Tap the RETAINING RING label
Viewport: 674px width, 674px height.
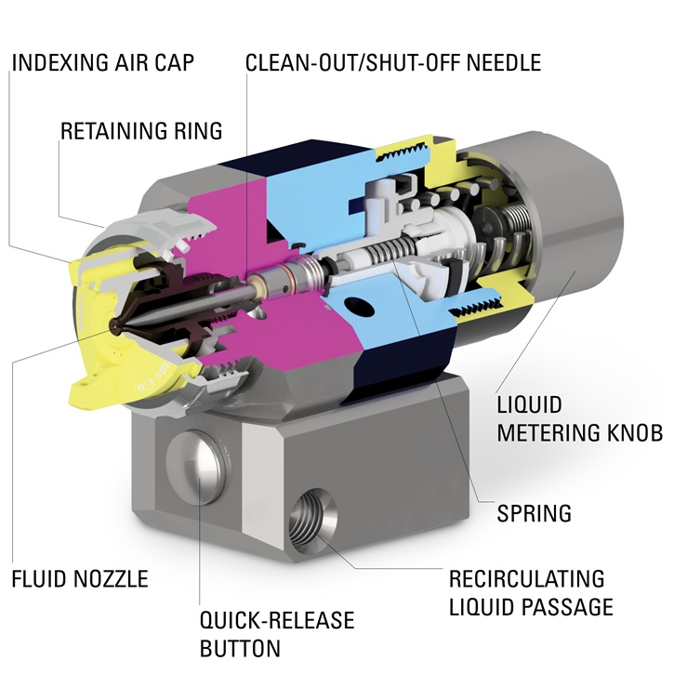pyautogui.click(x=141, y=130)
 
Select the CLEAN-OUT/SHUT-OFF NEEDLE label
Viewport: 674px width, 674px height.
pyautogui.click(x=392, y=63)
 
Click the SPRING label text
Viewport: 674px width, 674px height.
pyautogui.click(x=534, y=512)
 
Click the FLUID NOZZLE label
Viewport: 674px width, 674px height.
pyautogui.click(x=80, y=579)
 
